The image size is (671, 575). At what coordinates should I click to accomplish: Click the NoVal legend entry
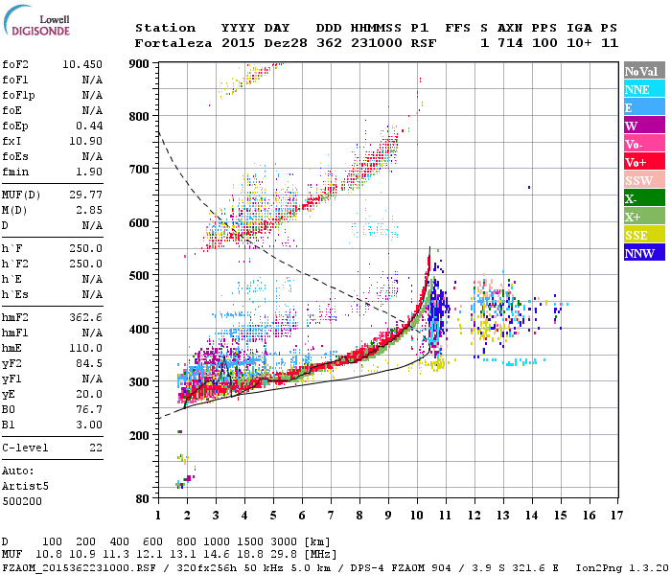click(x=643, y=71)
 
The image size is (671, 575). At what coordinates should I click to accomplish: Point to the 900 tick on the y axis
click(x=140, y=64)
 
